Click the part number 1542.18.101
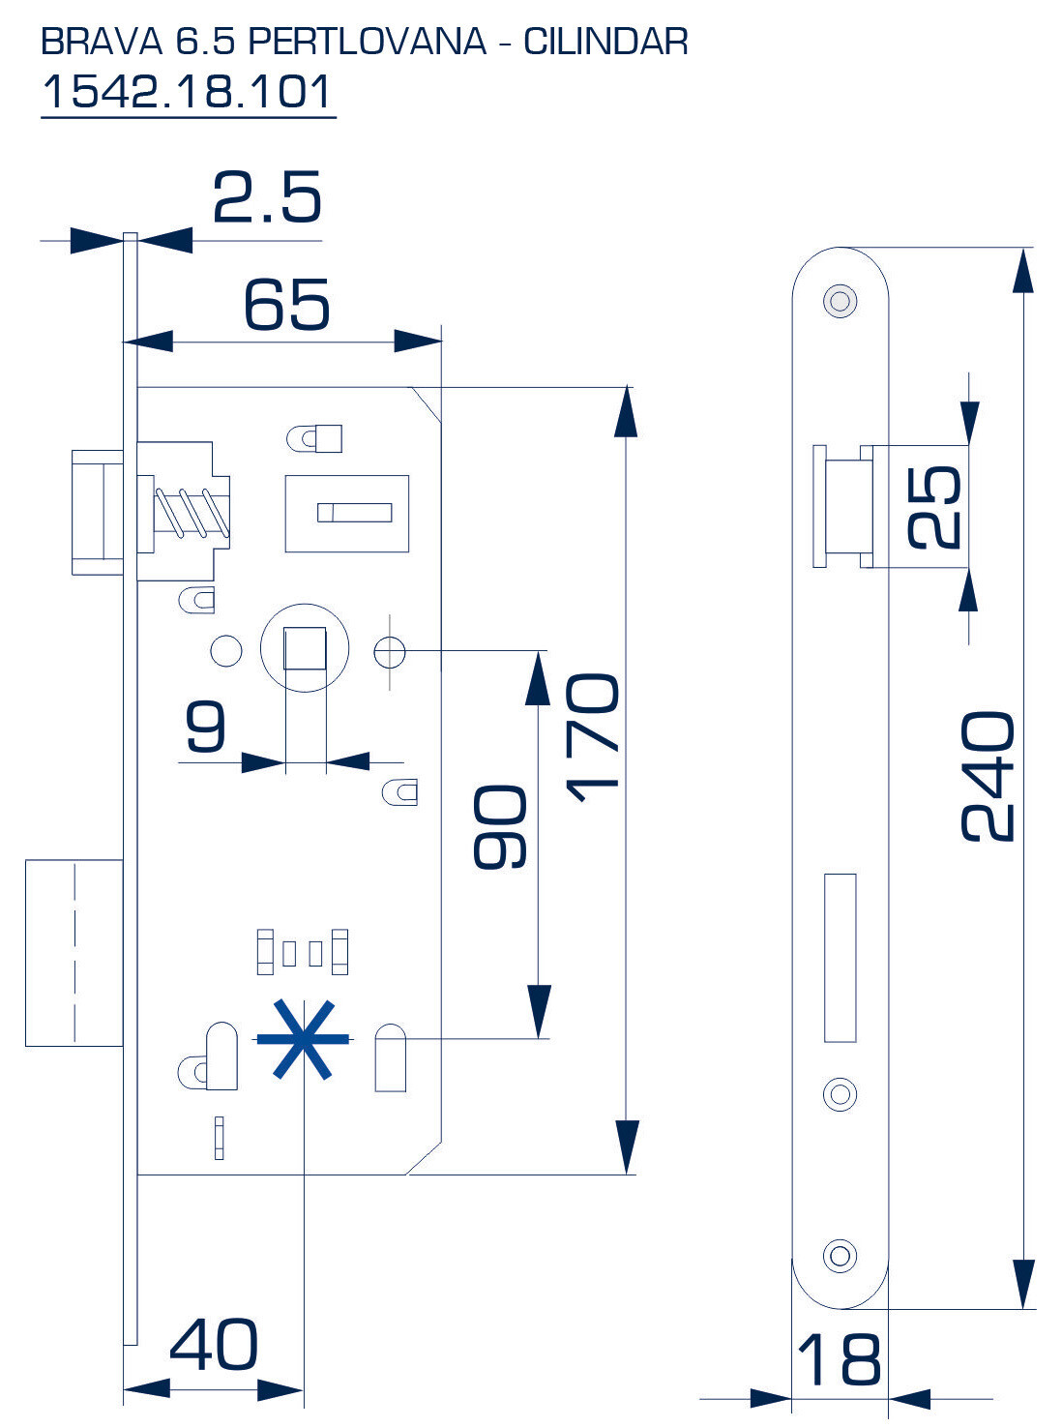tap(188, 92)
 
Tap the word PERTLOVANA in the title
tap(367, 42)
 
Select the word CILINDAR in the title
tap(605, 42)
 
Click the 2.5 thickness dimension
tap(266, 198)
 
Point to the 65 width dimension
tap(286, 306)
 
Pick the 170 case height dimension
tap(592, 737)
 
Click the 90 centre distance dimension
tap(500, 827)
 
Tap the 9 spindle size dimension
tap(206, 727)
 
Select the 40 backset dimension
tap(214, 1345)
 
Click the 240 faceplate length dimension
tap(988, 776)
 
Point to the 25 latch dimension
tap(935, 507)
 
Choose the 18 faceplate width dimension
tap(840, 1359)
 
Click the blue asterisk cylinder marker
tap(303, 1039)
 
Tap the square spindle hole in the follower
tap(305, 648)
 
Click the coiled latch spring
tap(192, 512)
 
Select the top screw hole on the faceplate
tap(840, 300)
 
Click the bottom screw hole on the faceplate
tap(840, 1256)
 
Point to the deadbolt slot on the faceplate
tap(840, 958)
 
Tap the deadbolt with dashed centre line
tap(74, 953)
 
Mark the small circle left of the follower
tap(226, 650)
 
